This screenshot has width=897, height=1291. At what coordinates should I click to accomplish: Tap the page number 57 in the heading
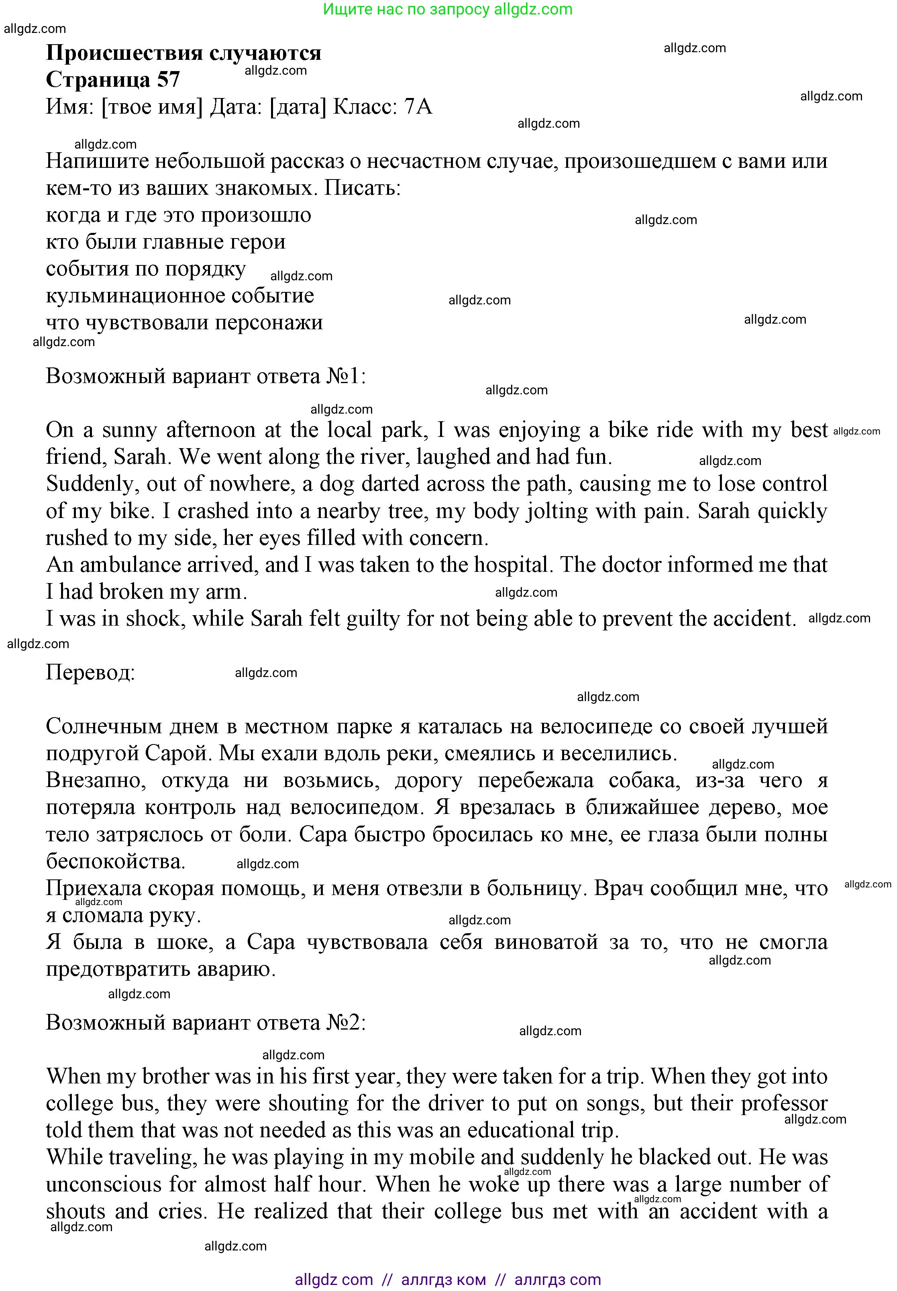click(x=168, y=80)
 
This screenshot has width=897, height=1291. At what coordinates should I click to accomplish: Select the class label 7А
click(x=418, y=107)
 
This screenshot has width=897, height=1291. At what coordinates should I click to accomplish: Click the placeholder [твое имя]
click(x=152, y=107)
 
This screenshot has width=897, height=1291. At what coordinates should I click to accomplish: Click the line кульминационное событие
click(x=180, y=296)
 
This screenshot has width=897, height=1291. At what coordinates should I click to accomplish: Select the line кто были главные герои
click(x=166, y=242)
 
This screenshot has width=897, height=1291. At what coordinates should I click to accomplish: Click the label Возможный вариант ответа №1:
click(x=206, y=376)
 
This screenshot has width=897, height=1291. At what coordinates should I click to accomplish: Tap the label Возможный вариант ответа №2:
click(x=206, y=1022)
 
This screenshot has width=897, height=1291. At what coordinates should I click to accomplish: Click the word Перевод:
click(x=90, y=672)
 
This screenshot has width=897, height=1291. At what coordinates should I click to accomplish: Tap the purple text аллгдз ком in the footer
click(x=443, y=1280)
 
